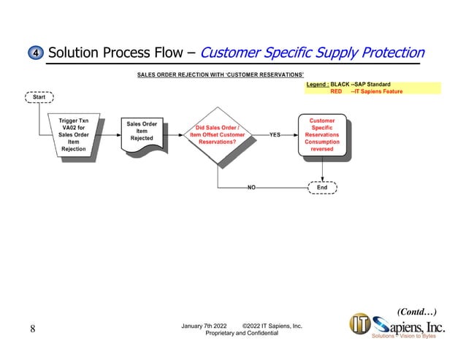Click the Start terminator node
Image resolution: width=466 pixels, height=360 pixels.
[x=39, y=97]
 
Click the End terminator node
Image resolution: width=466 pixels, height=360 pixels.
[x=322, y=188]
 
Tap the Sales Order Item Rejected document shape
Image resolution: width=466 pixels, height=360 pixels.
[x=142, y=133]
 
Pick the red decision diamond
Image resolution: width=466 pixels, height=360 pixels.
[x=218, y=135]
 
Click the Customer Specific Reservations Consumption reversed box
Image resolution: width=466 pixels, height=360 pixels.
[x=322, y=134]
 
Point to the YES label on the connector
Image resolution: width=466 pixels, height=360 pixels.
[x=275, y=135]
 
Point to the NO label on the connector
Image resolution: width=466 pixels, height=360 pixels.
[x=251, y=188]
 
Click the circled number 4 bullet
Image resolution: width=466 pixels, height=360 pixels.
[x=36, y=53]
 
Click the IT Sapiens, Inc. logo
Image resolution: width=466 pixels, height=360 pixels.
[x=401, y=326]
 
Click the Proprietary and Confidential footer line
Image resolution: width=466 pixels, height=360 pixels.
[x=242, y=333]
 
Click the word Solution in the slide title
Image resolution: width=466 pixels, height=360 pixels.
[x=74, y=53]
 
